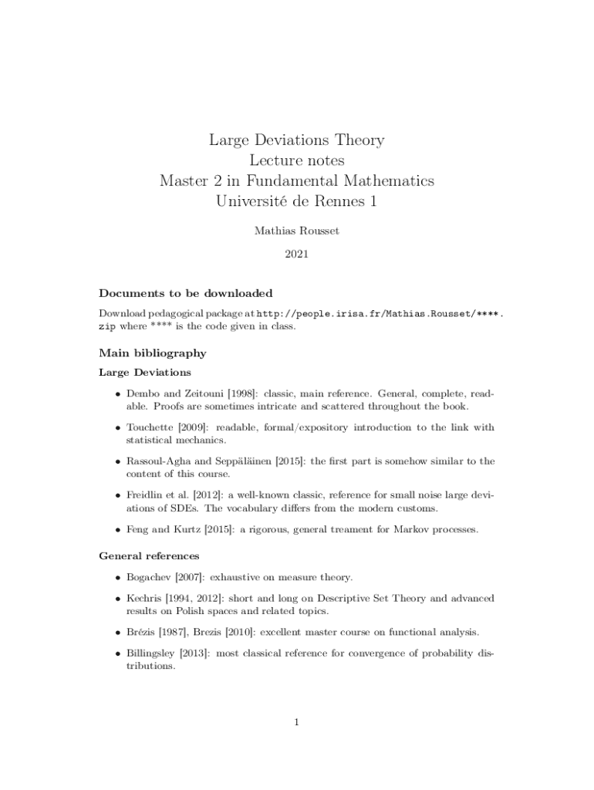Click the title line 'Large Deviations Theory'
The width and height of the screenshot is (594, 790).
click(x=297, y=140)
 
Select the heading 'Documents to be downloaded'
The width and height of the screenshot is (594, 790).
click(x=186, y=293)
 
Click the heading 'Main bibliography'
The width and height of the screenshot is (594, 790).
click(x=153, y=353)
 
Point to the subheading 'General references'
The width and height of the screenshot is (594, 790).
click(x=150, y=555)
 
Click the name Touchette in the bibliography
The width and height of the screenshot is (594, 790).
click(x=150, y=427)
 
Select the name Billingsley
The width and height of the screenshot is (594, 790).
click(x=150, y=653)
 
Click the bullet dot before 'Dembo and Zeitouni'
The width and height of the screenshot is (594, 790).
click(x=116, y=394)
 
